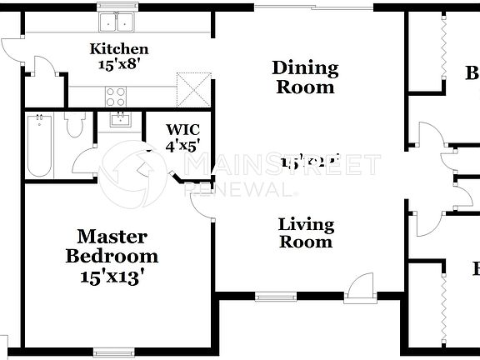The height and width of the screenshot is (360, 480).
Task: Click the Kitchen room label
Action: pyautogui.click(x=119, y=49)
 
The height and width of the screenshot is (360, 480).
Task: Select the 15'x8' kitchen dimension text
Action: pyautogui.click(x=119, y=64)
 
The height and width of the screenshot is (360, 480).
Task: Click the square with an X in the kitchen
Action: pyautogui.click(x=191, y=86)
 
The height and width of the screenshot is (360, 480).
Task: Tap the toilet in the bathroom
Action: pyautogui.click(x=74, y=126)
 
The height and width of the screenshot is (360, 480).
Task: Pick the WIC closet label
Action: pyautogui.click(x=182, y=129)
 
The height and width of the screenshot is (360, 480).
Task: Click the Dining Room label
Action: pyautogui.click(x=305, y=77)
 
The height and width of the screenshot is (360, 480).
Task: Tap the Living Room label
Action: pyautogui.click(x=306, y=232)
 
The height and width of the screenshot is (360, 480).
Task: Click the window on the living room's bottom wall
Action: pyautogui.click(x=269, y=294)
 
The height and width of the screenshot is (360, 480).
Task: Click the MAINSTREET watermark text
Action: pyautogui.click(x=283, y=166)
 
